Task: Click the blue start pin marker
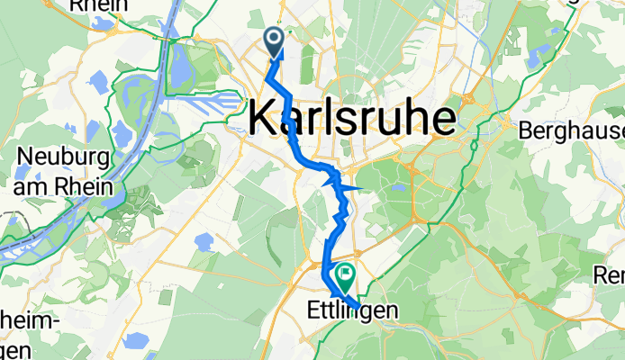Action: (x=273, y=39)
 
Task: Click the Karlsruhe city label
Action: (x=351, y=118)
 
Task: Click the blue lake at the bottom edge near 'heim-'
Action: (x=137, y=341)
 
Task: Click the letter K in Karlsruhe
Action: (x=260, y=118)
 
